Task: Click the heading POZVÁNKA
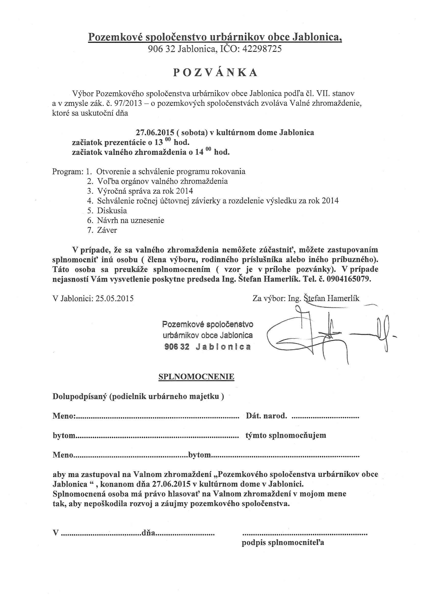215,73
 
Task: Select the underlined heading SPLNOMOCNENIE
196,377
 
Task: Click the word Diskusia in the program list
112,210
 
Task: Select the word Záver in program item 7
107,230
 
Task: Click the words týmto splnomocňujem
286,435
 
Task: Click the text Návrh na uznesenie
130,220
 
